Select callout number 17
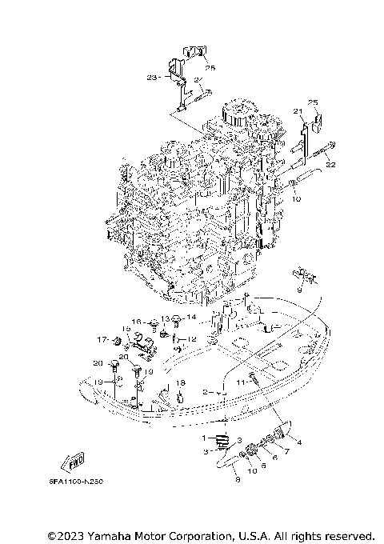click(x=102, y=339)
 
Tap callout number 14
click(x=190, y=318)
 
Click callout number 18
click(x=181, y=383)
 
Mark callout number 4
click(x=298, y=441)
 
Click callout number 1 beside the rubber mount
click(x=204, y=438)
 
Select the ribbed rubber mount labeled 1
click(x=222, y=440)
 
